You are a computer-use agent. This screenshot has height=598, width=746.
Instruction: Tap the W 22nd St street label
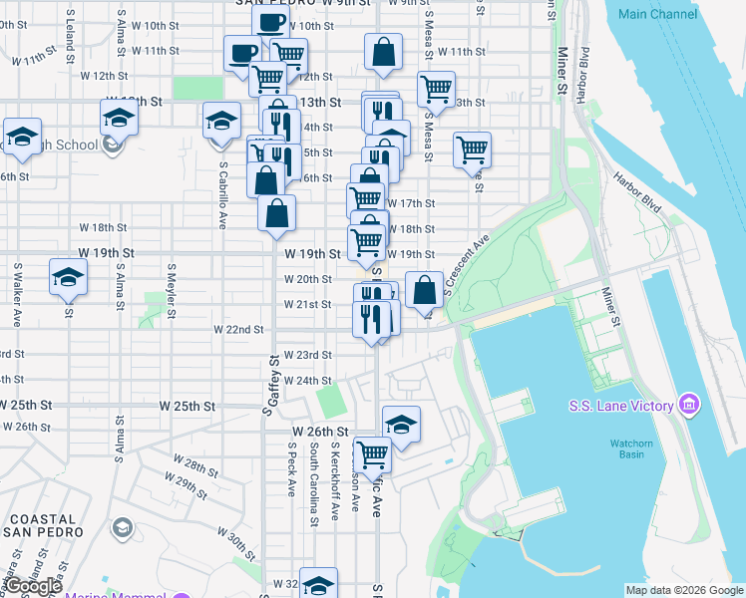click(x=238, y=329)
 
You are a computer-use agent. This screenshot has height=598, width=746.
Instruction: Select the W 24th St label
click(x=306, y=381)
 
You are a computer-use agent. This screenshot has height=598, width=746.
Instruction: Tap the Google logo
click(x=32, y=586)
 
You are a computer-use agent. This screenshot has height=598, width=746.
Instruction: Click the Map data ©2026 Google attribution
click(x=683, y=590)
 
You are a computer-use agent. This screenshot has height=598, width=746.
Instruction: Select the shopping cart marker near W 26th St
click(x=373, y=454)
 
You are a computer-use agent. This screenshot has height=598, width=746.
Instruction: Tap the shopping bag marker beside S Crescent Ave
click(x=425, y=291)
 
